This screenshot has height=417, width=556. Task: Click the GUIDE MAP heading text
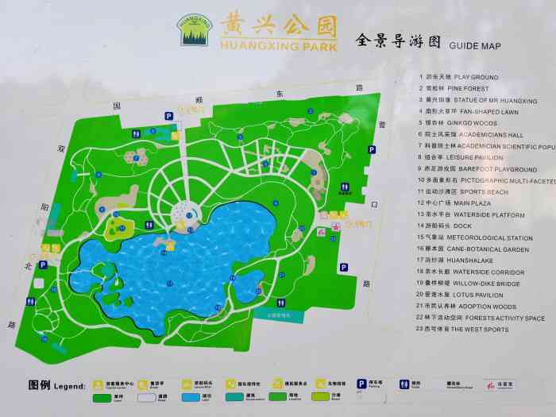tap(475, 45)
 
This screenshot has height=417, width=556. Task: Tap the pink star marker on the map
tap(336, 228)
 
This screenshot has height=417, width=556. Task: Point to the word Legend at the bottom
tap(69, 387)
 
